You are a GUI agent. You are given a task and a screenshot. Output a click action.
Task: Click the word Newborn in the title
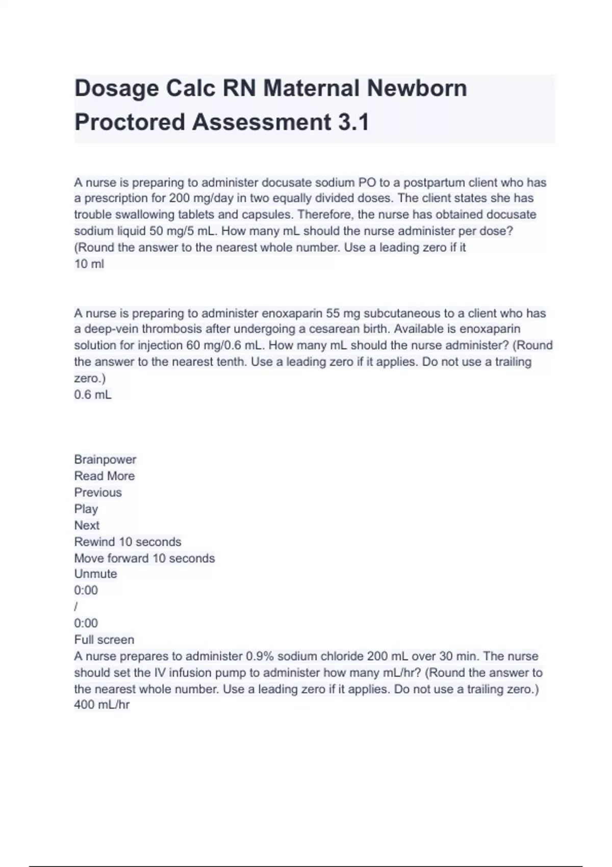(417, 88)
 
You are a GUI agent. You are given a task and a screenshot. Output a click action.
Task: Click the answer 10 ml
(89, 264)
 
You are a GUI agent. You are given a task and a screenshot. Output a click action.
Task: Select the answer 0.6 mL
(93, 395)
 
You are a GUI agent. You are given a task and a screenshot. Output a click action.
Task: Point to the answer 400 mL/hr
(102, 705)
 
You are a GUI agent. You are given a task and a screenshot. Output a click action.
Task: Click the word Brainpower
(105, 460)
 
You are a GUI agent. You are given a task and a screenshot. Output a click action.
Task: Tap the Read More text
(105, 476)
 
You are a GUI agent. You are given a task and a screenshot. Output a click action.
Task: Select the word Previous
(98, 493)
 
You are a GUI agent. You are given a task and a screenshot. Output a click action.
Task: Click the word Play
(86, 509)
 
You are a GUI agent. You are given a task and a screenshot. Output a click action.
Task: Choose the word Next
(87, 525)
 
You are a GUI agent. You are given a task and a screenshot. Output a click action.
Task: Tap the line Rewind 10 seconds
(127, 542)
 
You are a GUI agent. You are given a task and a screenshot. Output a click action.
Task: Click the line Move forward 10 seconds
(144, 558)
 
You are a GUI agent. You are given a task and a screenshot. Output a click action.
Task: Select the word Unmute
(95, 574)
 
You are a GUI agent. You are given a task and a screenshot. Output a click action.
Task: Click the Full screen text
(104, 640)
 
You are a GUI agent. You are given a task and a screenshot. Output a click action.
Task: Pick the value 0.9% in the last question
(260, 656)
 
